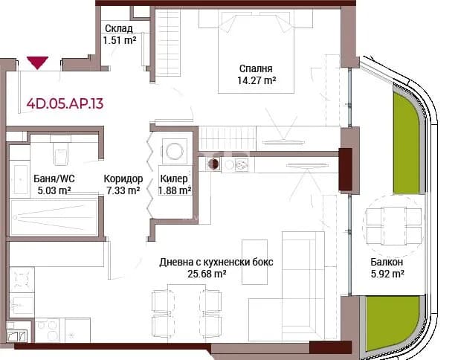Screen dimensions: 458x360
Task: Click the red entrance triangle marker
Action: pyautogui.click(x=38, y=62)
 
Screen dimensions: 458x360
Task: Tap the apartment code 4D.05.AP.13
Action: pyautogui.click(x=65, y=103)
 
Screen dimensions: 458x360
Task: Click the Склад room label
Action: pyautogui.click(x=119, y=28)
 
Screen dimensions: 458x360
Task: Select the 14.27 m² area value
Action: pyautogui.click(x=257, y=80)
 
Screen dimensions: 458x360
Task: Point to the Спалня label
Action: pyautogui.click(x=256, y=68)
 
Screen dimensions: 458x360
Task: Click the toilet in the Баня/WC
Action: pyautogui.click(x=61, y=152)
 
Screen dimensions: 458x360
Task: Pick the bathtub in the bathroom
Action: pyautogui.click(x=54, y=217)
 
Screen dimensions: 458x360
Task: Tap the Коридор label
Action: pyautogui.click(x=123, y=179)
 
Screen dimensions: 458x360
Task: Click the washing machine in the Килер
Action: pyautogui.click(x=175, y=151)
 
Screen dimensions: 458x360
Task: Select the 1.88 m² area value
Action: pyautogui.click(x=175, y=190)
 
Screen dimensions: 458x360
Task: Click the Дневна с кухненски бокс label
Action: pyautogui.click(x=216, y=262)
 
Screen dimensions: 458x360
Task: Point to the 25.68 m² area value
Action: pyautogui.click(x=207, y=274)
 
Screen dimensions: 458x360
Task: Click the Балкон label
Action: pyautogui.click(x=387, y=262)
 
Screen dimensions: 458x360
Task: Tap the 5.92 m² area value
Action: pyautogui.click(x=387, y=274)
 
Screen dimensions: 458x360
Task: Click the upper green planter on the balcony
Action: pyautogui.click(x=406, y=143)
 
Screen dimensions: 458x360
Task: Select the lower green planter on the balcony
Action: pyautogui.click(x=393, y=323)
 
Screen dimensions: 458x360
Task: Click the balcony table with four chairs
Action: pyautogui.click(x=393, y=226)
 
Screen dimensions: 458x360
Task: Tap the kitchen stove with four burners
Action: pyautogui.click(x=22, y=280)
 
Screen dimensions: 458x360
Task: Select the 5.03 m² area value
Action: pyautogui.click(x=54, y=190)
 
